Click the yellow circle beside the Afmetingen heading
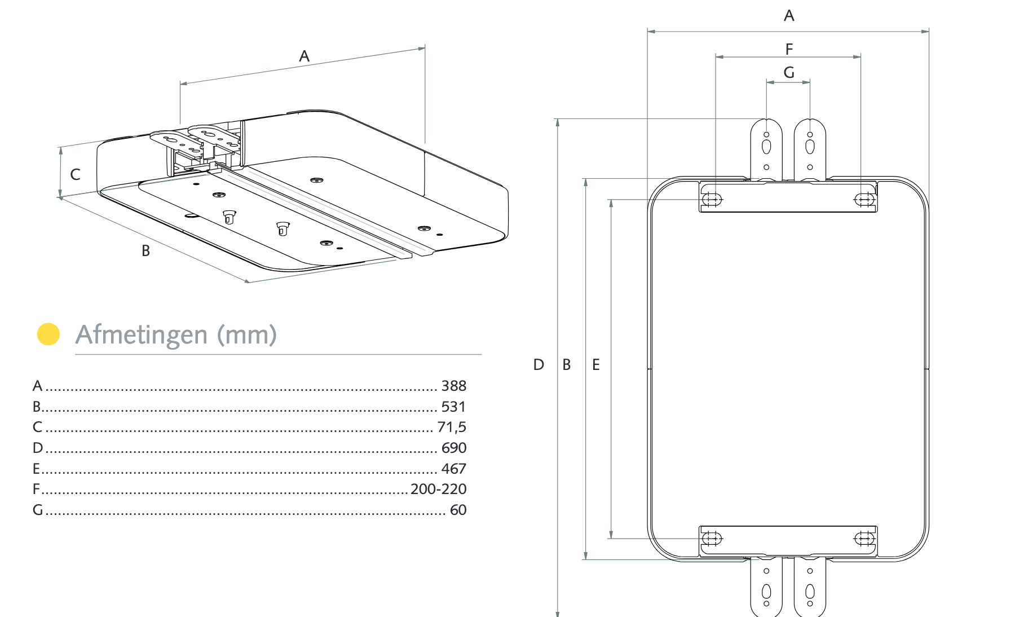(48, 334)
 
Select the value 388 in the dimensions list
(453, 386)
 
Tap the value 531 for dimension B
(453, 407)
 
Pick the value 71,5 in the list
(452, 427)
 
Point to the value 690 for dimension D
(453, 448)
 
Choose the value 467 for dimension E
(453, 469)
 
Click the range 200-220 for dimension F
(438, 489)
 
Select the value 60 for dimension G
(458, 510)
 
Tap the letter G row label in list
(38, 510)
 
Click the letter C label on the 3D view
(75, 175)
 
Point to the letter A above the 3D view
(304, 56)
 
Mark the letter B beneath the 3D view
(145, 251)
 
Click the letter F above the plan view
(789, 50)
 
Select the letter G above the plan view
(789, 73)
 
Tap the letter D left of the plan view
(539, 365)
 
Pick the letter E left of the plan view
(596, 365)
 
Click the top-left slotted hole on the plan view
(712, 200)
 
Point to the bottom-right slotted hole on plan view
(864, 539)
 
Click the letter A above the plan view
(789, 16)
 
